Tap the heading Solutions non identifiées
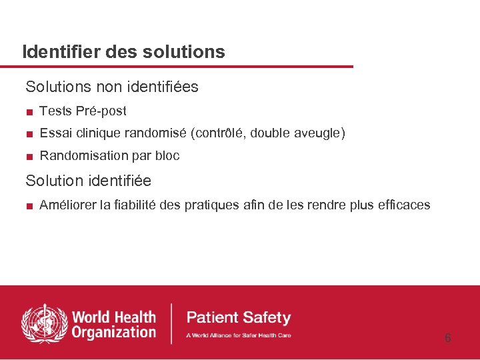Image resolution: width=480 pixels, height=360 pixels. coord(112,87)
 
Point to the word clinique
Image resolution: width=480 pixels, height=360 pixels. coord(99,133)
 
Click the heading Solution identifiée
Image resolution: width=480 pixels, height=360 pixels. coord(88,181)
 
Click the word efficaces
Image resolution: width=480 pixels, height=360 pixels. coord(403,205)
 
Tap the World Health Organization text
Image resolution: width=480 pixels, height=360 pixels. coord(113,324)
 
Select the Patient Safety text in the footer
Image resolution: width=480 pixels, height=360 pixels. coord(238,317)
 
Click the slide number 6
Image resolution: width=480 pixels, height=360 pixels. coord(447,338)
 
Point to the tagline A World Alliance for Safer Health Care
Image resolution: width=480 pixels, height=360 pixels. coord(238,335)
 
